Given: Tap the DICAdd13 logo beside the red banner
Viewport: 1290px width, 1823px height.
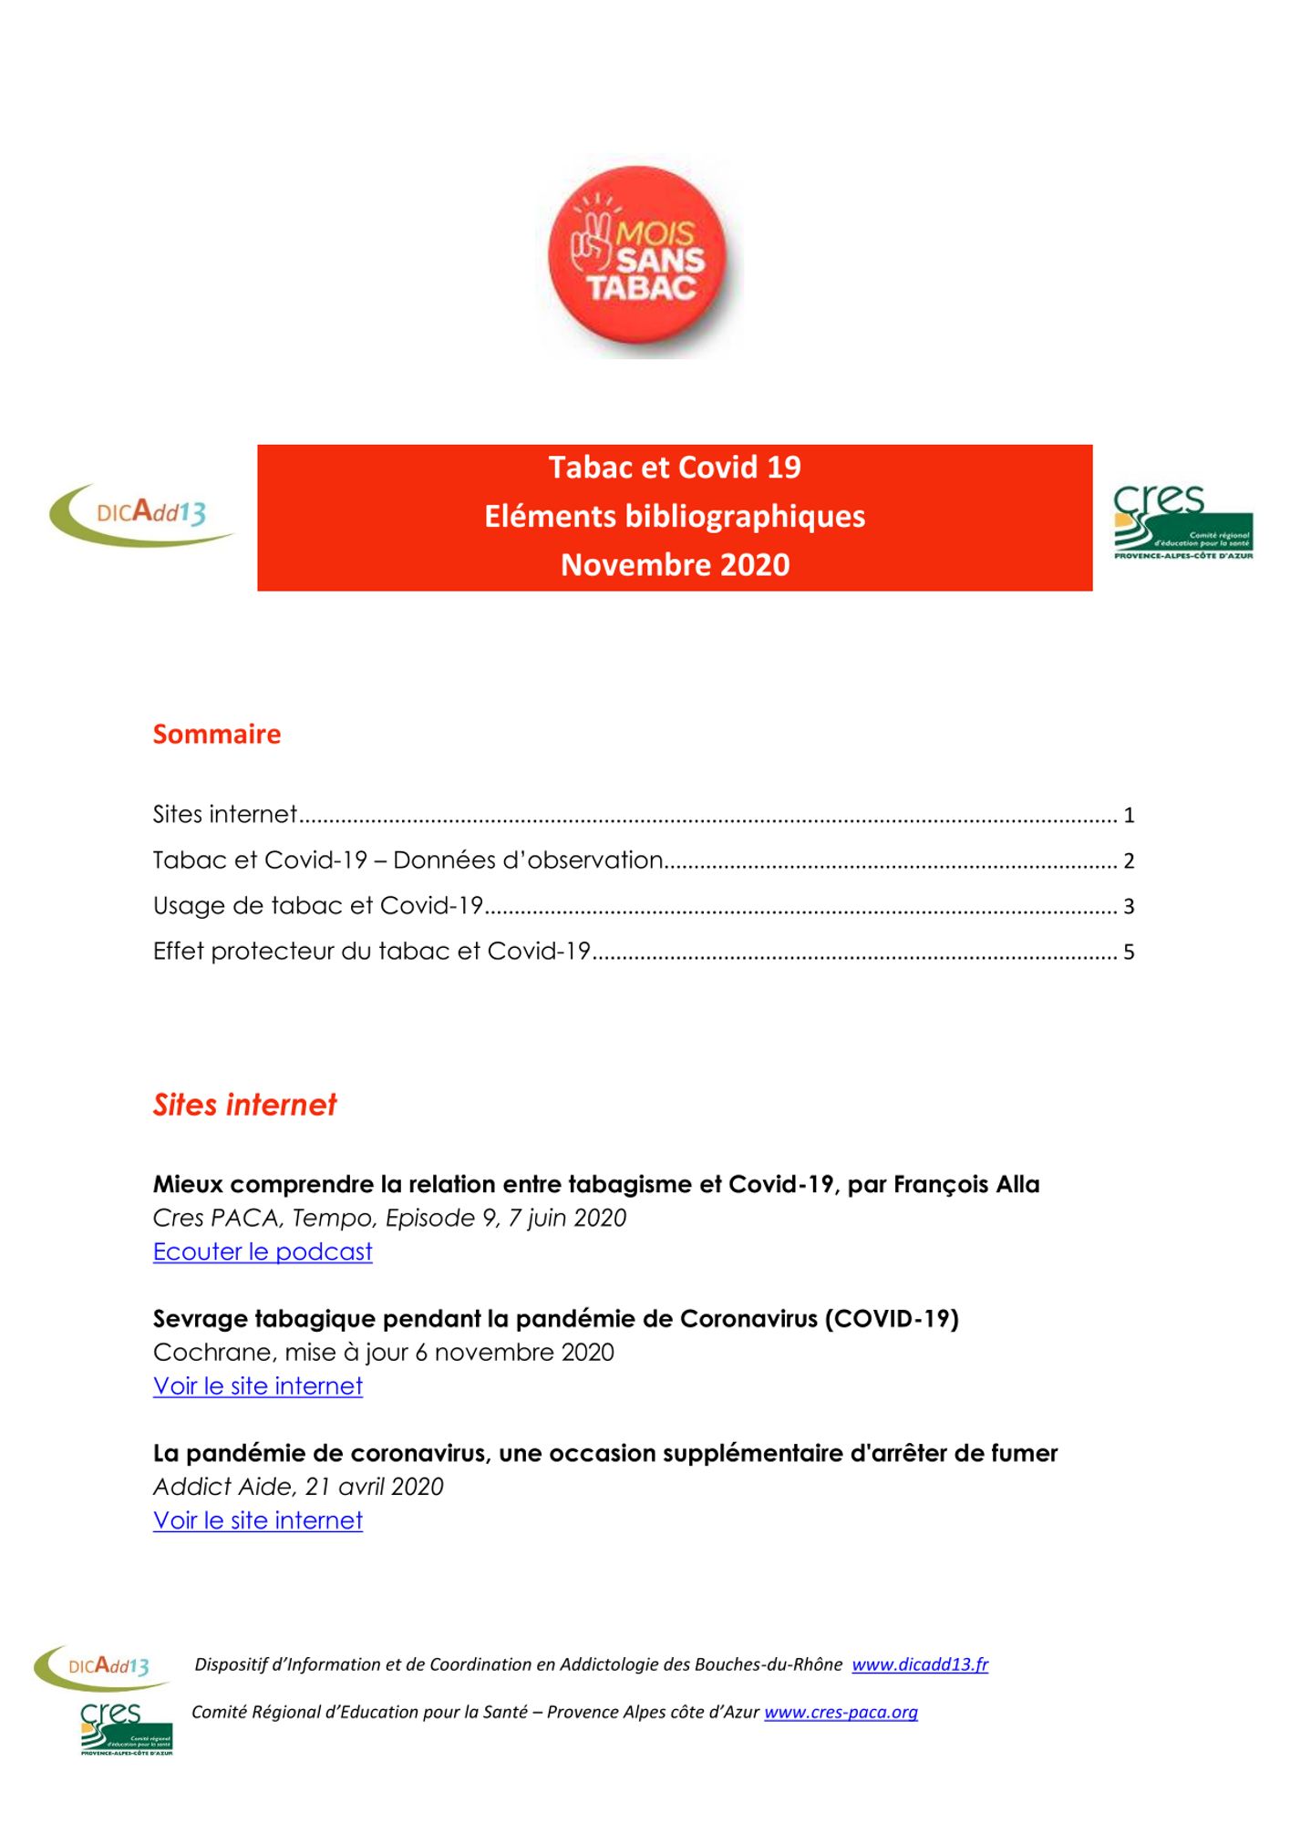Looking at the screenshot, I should (x=141, y=514).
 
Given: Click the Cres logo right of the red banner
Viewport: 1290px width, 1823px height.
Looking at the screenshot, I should (x=1182, y=522).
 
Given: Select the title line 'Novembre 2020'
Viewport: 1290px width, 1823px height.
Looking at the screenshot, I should (x=675, y=565).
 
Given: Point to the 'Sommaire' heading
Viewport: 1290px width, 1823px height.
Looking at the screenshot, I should (x=217, y=734).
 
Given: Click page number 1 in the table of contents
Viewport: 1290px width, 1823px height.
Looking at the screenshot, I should (x=1129, y=815).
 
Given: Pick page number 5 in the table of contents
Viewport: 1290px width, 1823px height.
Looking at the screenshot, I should (x=1129, y=953).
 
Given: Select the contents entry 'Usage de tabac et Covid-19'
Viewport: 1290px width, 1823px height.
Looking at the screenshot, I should (x=317, y=906).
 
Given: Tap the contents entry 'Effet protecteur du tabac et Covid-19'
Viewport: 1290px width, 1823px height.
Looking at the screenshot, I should (x=372, y=952).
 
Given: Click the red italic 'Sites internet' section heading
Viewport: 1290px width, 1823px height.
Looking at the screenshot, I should (x=244, y=1105).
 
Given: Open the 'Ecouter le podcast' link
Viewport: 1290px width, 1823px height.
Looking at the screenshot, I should (x=263, y=1252).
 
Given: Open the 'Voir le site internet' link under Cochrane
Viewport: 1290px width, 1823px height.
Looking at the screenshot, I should (x=258, y=1386).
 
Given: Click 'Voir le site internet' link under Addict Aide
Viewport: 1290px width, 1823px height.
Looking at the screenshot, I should (x=258, y=1520).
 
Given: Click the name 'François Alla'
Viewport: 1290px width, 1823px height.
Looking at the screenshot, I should (x=966, y=1184).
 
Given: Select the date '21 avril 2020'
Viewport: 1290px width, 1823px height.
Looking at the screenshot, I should (x=374, y=1487).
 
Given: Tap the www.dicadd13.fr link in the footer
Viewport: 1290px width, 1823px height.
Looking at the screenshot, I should (x=920, y=1664).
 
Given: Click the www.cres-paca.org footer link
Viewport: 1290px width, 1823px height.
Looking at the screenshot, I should (x=841, y=1712).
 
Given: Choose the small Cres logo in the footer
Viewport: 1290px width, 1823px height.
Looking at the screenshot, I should (x=126, y=1728).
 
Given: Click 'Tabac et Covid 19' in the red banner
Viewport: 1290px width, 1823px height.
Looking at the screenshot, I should (x=675, y=468).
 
